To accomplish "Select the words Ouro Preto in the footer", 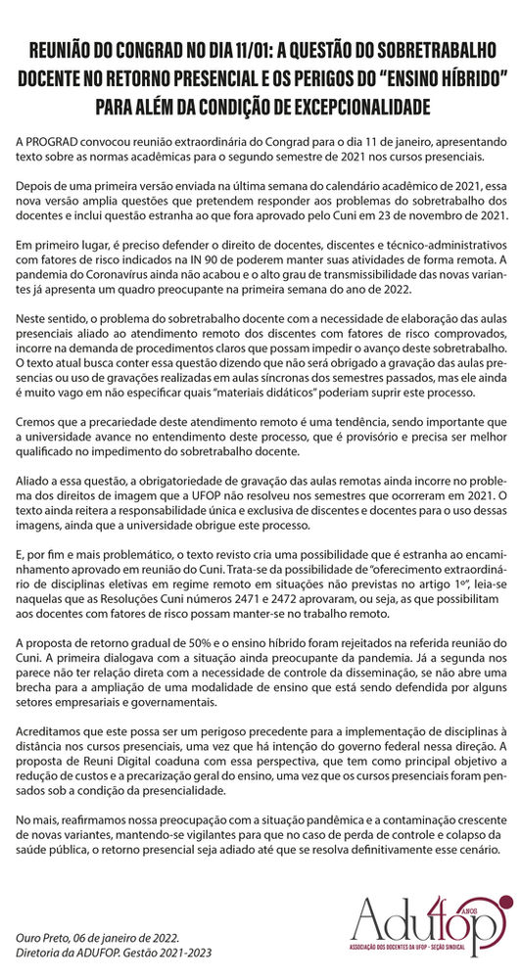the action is [42, 938].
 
